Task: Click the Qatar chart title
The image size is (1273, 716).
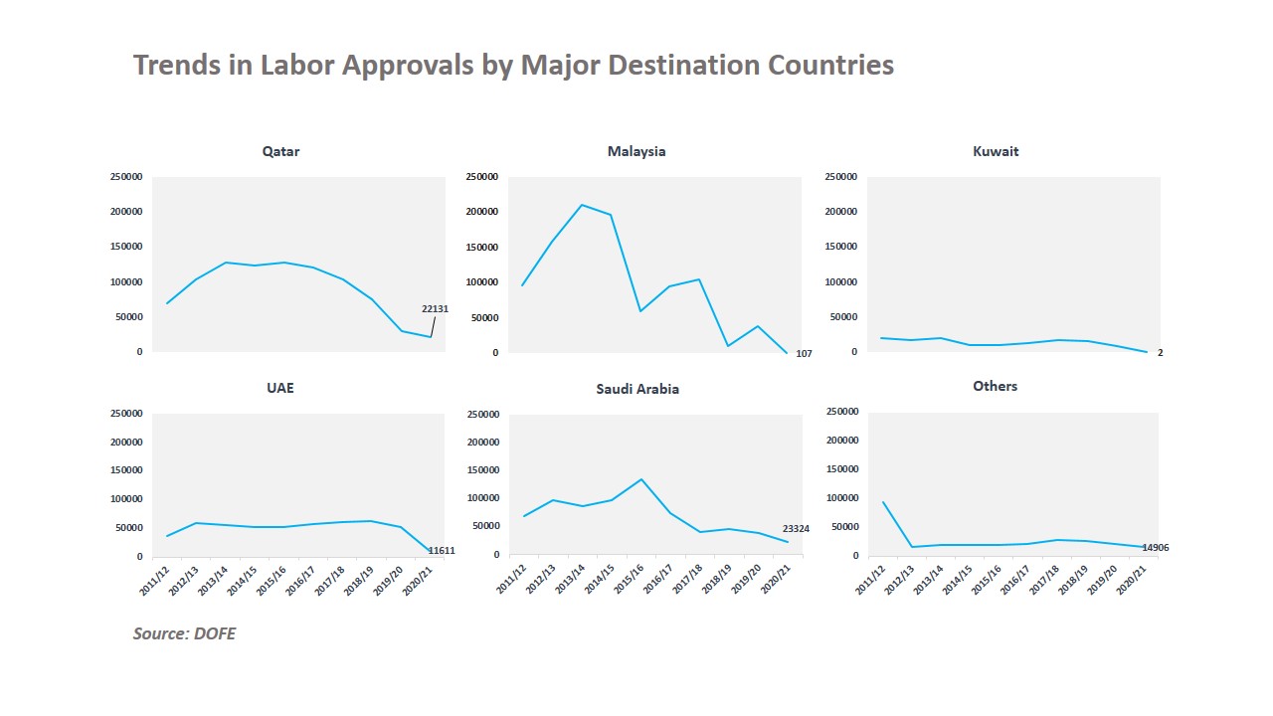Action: (x=280, y=152)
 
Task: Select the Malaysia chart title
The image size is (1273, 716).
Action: (x=636, y=152)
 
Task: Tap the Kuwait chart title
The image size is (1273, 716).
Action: (x=996, y=152)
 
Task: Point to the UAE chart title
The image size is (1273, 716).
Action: (x=280, y=388)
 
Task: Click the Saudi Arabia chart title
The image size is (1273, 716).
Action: (x=637, y=389)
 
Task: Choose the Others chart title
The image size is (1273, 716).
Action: (x=995, y=386)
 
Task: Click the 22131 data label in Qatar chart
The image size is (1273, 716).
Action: (x=435, y=309)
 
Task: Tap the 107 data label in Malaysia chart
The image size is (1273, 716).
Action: (x=805, y=354)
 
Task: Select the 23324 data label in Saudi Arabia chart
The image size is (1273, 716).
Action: (x=796, y=529)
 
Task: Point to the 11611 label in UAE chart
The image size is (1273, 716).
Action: (x=442, y=550)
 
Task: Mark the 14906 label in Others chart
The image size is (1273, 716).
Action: (x=1156, y=548)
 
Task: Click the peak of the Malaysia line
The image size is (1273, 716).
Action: (x=582, y=205)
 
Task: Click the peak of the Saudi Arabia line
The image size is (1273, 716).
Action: (x=641, y=479)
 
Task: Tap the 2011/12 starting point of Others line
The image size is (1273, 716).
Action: (x=883, y=501)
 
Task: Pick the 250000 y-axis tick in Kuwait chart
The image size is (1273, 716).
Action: (x=840, y=177)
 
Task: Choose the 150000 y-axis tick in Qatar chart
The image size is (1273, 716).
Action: (x=126, y=247)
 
